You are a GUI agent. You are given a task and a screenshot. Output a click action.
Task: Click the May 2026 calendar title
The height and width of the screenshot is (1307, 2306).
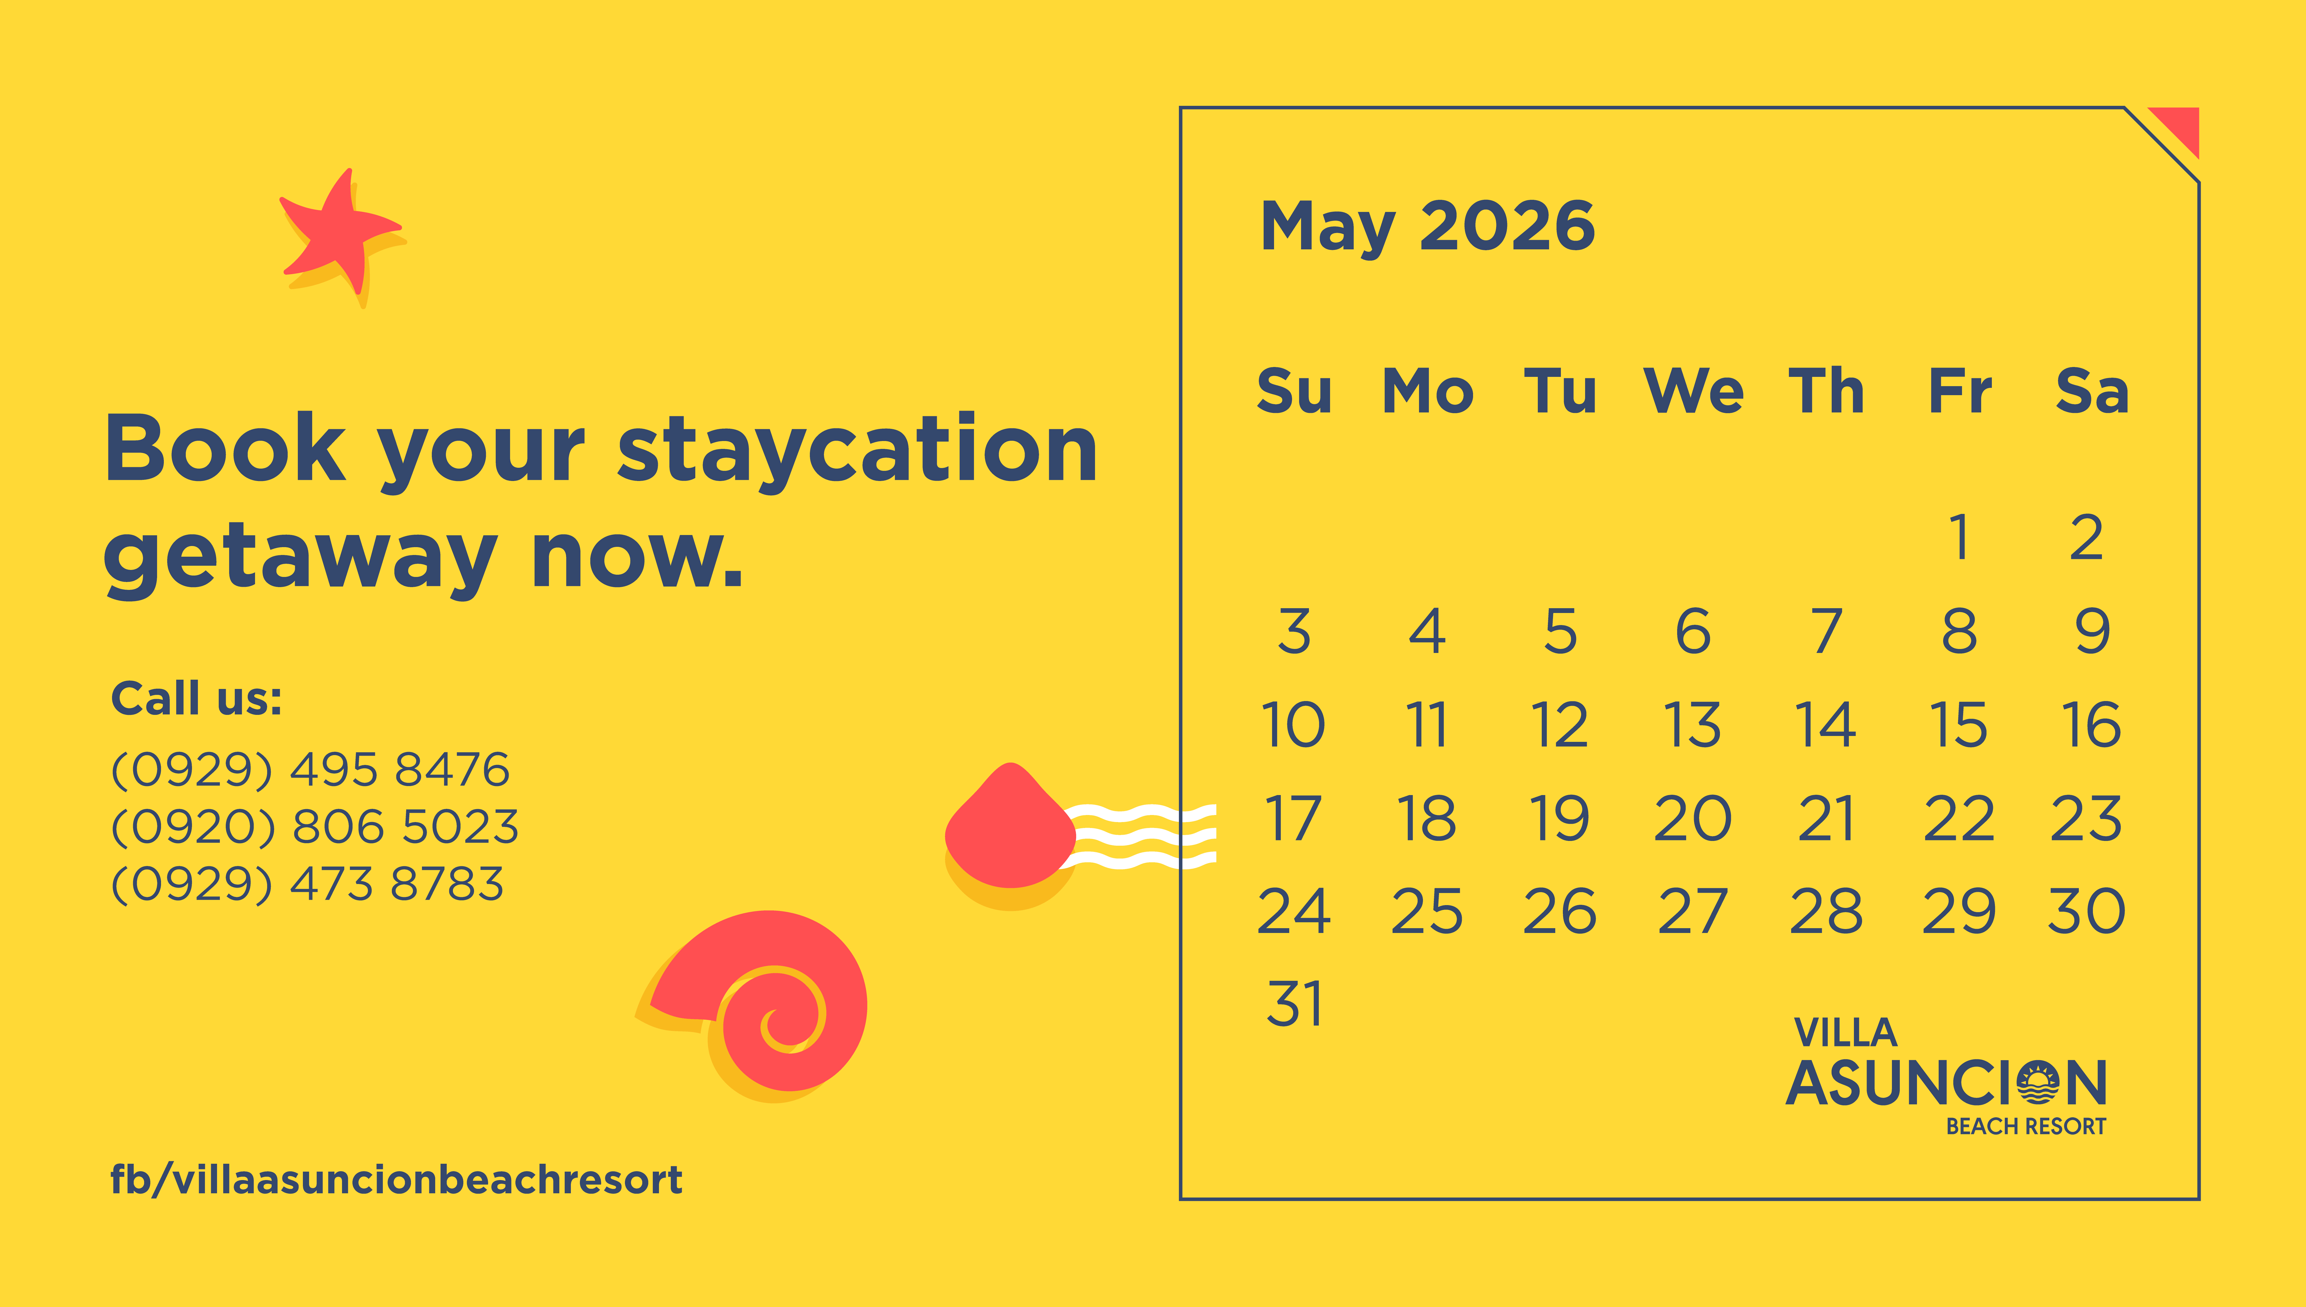click(1428, 226)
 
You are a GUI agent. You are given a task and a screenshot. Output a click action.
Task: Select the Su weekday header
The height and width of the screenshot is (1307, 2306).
click(1294, 391)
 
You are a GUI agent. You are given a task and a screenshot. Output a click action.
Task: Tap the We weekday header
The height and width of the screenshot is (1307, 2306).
click(1693, 391)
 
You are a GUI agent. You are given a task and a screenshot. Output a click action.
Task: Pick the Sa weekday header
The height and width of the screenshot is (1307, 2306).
click(2092, 391)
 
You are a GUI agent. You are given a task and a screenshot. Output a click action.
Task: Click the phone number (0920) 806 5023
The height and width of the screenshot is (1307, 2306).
click(314, 826)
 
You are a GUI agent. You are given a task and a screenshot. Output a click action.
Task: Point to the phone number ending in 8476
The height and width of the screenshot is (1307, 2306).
click(310, 769)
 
